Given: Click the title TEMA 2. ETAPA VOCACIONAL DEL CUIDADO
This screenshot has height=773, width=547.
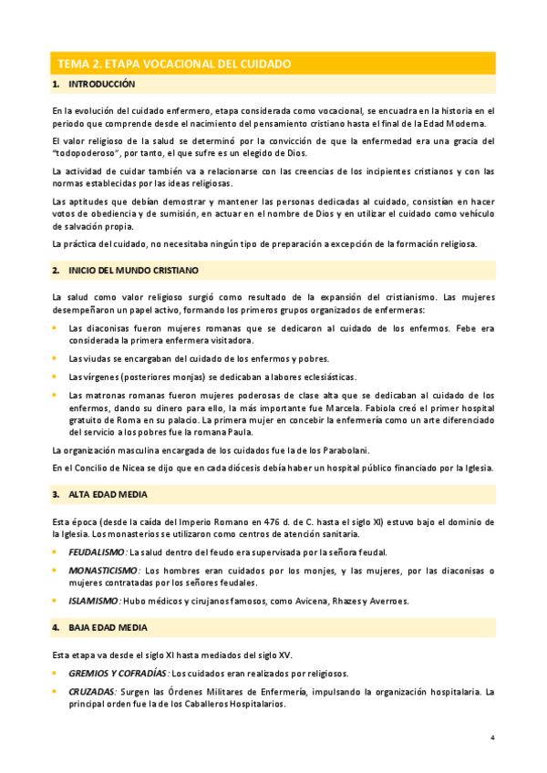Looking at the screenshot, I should [x=174, y=64].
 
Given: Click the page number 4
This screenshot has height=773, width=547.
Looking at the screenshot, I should [x=491, y=737].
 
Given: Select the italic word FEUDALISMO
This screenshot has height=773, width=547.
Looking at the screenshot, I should [x=98, y=552].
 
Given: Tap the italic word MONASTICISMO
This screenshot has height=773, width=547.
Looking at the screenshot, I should [x=102, y=571].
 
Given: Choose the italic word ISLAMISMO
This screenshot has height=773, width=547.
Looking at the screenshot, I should [x=94, y=601].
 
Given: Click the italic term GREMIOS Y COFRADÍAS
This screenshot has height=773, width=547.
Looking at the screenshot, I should [x=119, y=674].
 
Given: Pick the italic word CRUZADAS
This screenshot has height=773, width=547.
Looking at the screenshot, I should [x=92, y=692].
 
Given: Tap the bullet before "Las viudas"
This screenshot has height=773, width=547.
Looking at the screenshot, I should [x=55, y=357].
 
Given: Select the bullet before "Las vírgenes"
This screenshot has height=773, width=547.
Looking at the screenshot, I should [x=55, y=376].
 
